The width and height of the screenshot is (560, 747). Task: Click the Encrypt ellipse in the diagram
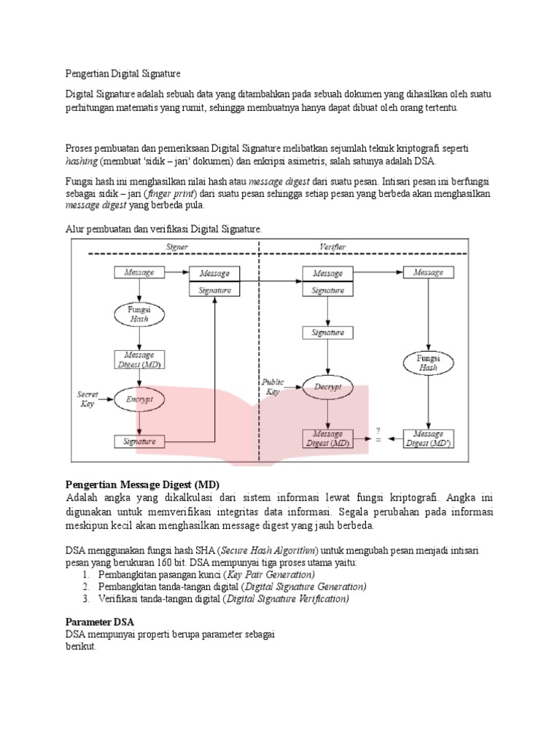(139, 400)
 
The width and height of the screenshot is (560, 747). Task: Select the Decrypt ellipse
(327, 387)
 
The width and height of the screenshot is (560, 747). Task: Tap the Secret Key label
(88, 398)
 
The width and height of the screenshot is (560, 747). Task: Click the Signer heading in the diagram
(177, 247)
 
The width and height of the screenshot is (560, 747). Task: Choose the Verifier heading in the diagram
(333, 247)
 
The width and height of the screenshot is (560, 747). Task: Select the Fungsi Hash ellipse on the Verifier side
(428, 363)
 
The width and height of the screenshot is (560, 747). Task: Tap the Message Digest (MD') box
(428, 438)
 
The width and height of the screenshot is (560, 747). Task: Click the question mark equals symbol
(378, 436)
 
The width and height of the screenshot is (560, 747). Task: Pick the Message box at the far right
(428, 273)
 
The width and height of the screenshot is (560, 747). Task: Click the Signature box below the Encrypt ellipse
(139, 441)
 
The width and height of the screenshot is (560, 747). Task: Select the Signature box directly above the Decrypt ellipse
(327, 332)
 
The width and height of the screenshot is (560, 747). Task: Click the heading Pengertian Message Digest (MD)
(142, 485)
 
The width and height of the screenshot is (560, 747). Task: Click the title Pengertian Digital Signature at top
(122, 74)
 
